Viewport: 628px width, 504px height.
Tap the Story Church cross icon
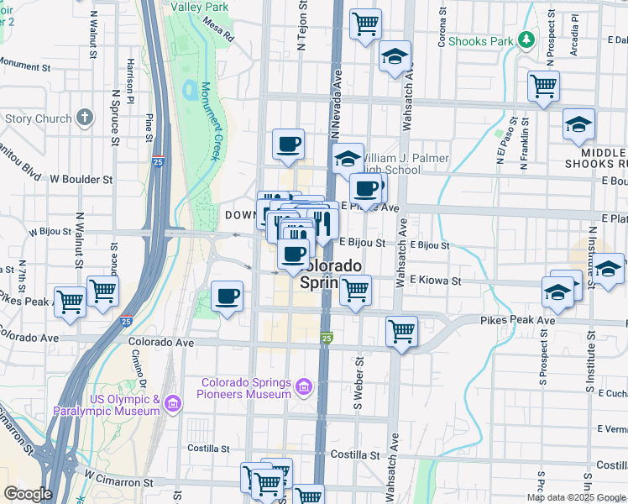tap(84, 118)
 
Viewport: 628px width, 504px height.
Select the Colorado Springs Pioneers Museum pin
tap(303, 388)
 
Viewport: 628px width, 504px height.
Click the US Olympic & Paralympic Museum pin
tap(172, 405)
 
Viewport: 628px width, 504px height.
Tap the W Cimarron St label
tap(118, 483)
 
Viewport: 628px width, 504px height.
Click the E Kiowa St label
tap(436, 280)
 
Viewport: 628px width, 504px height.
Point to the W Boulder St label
tap(81, 179)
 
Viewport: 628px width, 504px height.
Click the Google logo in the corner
tap(28, 494)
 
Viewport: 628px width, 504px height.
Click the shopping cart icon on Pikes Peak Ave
tap(402, 331)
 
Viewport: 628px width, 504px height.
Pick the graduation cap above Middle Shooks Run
tap(578, 124)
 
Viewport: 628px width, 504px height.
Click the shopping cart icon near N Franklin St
tap(543, 85)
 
